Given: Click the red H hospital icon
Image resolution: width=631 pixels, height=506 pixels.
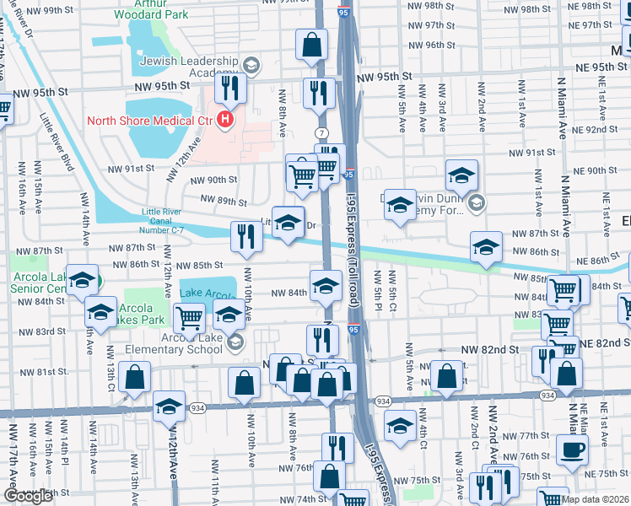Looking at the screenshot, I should [x=224, y=121].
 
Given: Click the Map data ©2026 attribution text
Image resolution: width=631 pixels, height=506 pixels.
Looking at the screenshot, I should [x=595, y=499].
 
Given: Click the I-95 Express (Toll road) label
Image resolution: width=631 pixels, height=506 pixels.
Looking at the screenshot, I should [x=353, y=245].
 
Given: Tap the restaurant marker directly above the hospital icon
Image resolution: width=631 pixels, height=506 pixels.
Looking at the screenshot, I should [x=229, y=88].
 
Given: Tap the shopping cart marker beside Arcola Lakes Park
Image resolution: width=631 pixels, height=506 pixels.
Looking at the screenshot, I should [x=189, y=319].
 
